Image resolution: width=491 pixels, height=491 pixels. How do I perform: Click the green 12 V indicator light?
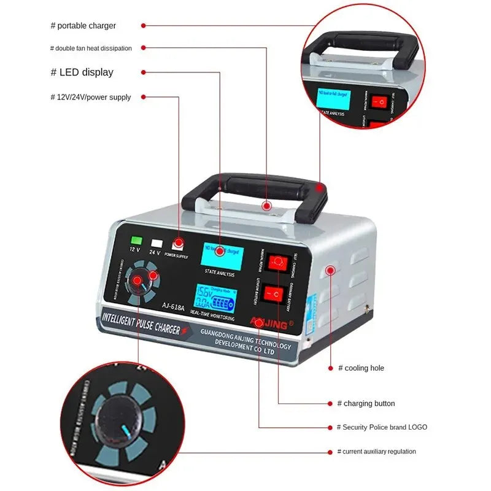tap(136, 242)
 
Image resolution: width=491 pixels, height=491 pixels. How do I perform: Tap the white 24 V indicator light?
tap(157, 243)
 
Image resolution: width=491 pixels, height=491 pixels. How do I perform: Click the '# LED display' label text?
tap(82, 72)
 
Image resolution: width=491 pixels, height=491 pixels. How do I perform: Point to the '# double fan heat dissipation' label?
tap(91, 48)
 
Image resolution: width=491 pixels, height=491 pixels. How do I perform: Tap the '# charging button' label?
tap(366, 403)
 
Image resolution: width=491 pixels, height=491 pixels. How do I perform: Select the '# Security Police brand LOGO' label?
tap(382, 427)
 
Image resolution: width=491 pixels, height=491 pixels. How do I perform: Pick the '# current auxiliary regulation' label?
tap(376, 451)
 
